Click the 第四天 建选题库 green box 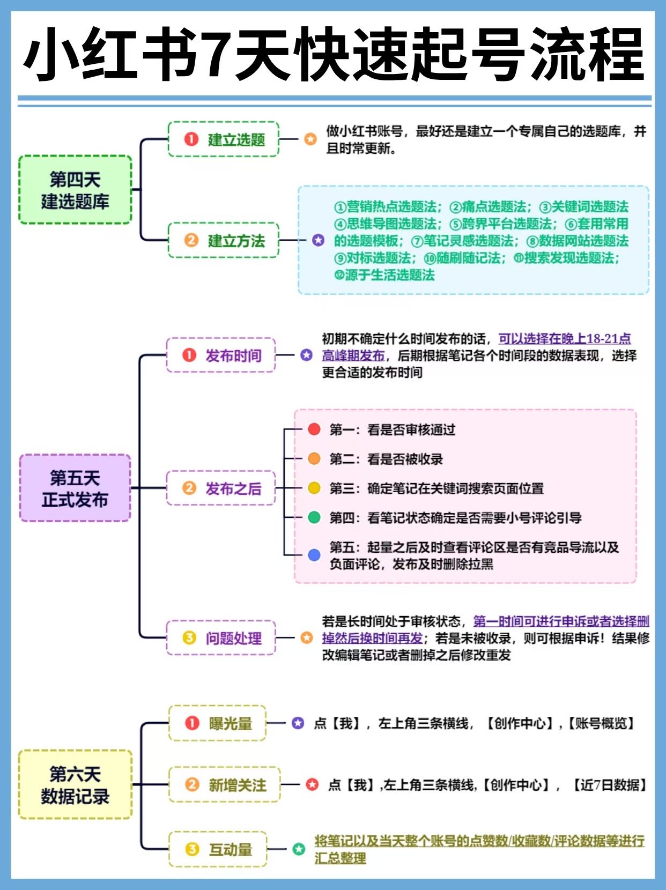[x=75, y=190]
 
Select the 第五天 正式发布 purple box [x=75, y=488]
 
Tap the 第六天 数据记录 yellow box [x=75, y=784]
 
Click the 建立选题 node [x=224, y=139]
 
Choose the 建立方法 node [x=224, y=240]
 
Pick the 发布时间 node [x=221, y=355]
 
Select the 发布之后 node [x=221, y=488]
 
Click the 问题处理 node [x=221, y=638]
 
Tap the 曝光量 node [x=218, y=723]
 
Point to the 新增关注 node [x=225, y=785]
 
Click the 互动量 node [x=218, y=849]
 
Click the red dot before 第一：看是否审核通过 [x=314, y=429]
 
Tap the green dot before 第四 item [x=314, y=517]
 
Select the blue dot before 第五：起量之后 [x=314, y=555]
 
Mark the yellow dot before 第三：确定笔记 [x=314, y=488]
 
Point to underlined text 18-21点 [x=608, y=339]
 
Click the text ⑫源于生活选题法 [x=384, y=275]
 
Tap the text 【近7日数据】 [x=610, y=785]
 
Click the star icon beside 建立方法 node [x=318, y=240]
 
